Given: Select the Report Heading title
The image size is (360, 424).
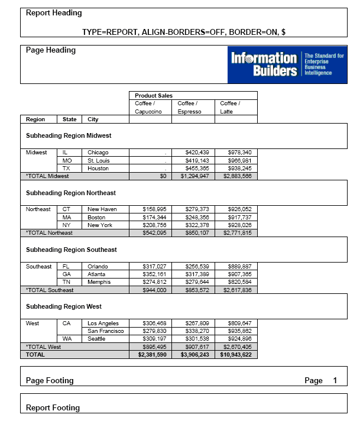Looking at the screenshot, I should click(54, 13).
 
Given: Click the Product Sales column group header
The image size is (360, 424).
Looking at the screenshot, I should click(154, 95).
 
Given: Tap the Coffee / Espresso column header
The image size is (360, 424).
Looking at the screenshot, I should click(189, 108).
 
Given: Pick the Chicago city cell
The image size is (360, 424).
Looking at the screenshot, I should click(98, 153).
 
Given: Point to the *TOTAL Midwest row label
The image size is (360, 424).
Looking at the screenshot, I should click(47, 176).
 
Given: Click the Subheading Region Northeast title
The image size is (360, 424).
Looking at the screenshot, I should click(71, 193).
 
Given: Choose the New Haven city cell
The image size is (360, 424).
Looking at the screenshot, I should click(102, 209).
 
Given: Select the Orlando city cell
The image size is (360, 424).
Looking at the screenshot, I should click(98, 266).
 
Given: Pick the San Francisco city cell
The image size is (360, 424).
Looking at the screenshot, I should click(106, 331).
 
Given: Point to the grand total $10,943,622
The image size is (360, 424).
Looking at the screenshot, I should click(235, 355).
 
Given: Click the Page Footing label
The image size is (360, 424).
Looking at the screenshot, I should click(50, 380).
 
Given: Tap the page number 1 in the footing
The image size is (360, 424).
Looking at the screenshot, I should click(335, 380).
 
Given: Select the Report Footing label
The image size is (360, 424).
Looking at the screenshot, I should click(53, 407).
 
